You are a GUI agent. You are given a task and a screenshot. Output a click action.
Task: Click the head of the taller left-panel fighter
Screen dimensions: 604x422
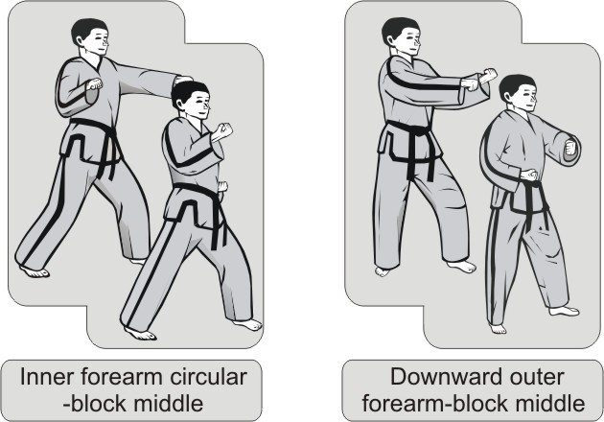[90, 36]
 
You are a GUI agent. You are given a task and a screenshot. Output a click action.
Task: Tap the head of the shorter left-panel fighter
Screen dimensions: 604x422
[191, 100]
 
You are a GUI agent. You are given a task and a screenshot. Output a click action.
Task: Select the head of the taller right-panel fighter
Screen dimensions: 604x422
[402, 35]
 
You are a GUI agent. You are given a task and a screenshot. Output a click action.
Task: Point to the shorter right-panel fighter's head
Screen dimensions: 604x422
[519, 93]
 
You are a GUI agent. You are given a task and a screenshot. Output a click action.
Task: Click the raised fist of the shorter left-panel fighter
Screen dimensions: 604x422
[222, 131]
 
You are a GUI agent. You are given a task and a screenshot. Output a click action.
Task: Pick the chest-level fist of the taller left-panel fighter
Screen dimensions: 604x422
[94, 84]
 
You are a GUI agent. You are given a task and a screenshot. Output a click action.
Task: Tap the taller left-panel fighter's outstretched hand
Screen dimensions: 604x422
[184, 80]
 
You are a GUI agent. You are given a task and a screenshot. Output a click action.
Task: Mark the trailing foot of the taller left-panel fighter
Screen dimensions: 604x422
[34, 271]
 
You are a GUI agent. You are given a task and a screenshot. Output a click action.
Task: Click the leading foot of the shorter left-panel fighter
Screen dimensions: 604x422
[247, 324]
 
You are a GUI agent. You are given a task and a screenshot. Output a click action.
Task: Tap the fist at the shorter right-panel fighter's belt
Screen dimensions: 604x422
[529, 175]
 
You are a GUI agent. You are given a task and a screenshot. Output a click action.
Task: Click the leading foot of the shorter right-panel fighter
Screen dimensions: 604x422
[564, 311]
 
